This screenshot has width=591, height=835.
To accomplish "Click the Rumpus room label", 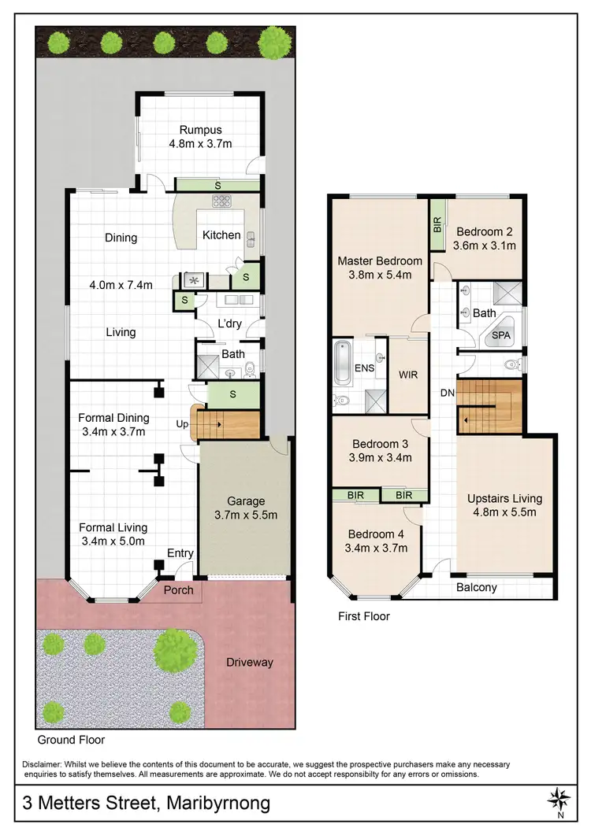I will (x=200, y=130).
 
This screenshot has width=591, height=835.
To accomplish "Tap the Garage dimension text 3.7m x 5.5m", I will (x=246, y=515).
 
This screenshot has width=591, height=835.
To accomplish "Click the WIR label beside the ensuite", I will (x=408, y=375).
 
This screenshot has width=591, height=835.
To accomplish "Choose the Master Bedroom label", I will (x=380, y=261).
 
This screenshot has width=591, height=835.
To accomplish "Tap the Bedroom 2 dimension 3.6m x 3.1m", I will (x=485, y=246).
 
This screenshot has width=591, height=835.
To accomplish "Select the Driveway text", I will (x=250, y=662).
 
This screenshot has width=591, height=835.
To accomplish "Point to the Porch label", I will (x=178, y=590).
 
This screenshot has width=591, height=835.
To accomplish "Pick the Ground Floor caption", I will (x=71, y=740).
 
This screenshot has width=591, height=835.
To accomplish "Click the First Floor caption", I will (x=363, y=616).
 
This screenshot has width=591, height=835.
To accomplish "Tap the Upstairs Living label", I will (x=504, y=498).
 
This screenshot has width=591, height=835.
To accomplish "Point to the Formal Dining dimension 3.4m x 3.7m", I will (x=113, y=432).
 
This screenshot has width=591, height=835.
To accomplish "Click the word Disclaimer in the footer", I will (x=46, y=764).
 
